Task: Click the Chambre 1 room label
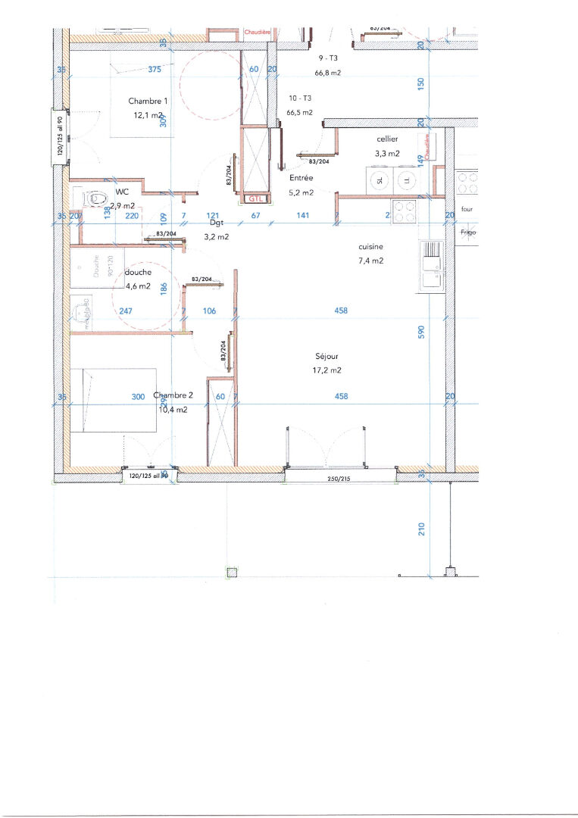pyautogui.click(x=148, y=101)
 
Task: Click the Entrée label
pyautogui.click(x=301, y=178)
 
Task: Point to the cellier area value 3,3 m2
pyautogui.click(x=387, y=154)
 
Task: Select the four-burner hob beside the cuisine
pyautogui.click(x=402, y=211)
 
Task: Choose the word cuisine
pyautogui.click(x=370, y=246)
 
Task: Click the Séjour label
pyautogui.click(x=328, y=356)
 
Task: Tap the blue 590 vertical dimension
pyautogui.click(x=423, y=331)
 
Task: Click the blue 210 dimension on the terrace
pyautogui.click(x=423, y=528)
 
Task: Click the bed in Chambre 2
pyautogui.click(x=114, y=399)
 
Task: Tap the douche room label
pyautogui.click(x=139, y=272)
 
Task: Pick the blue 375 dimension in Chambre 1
pyautogui.click(x=155, y=70)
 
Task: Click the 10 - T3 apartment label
pyautogui.click(x=300, y=98)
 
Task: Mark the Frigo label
pyautogui.click(x=467, y=233)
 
